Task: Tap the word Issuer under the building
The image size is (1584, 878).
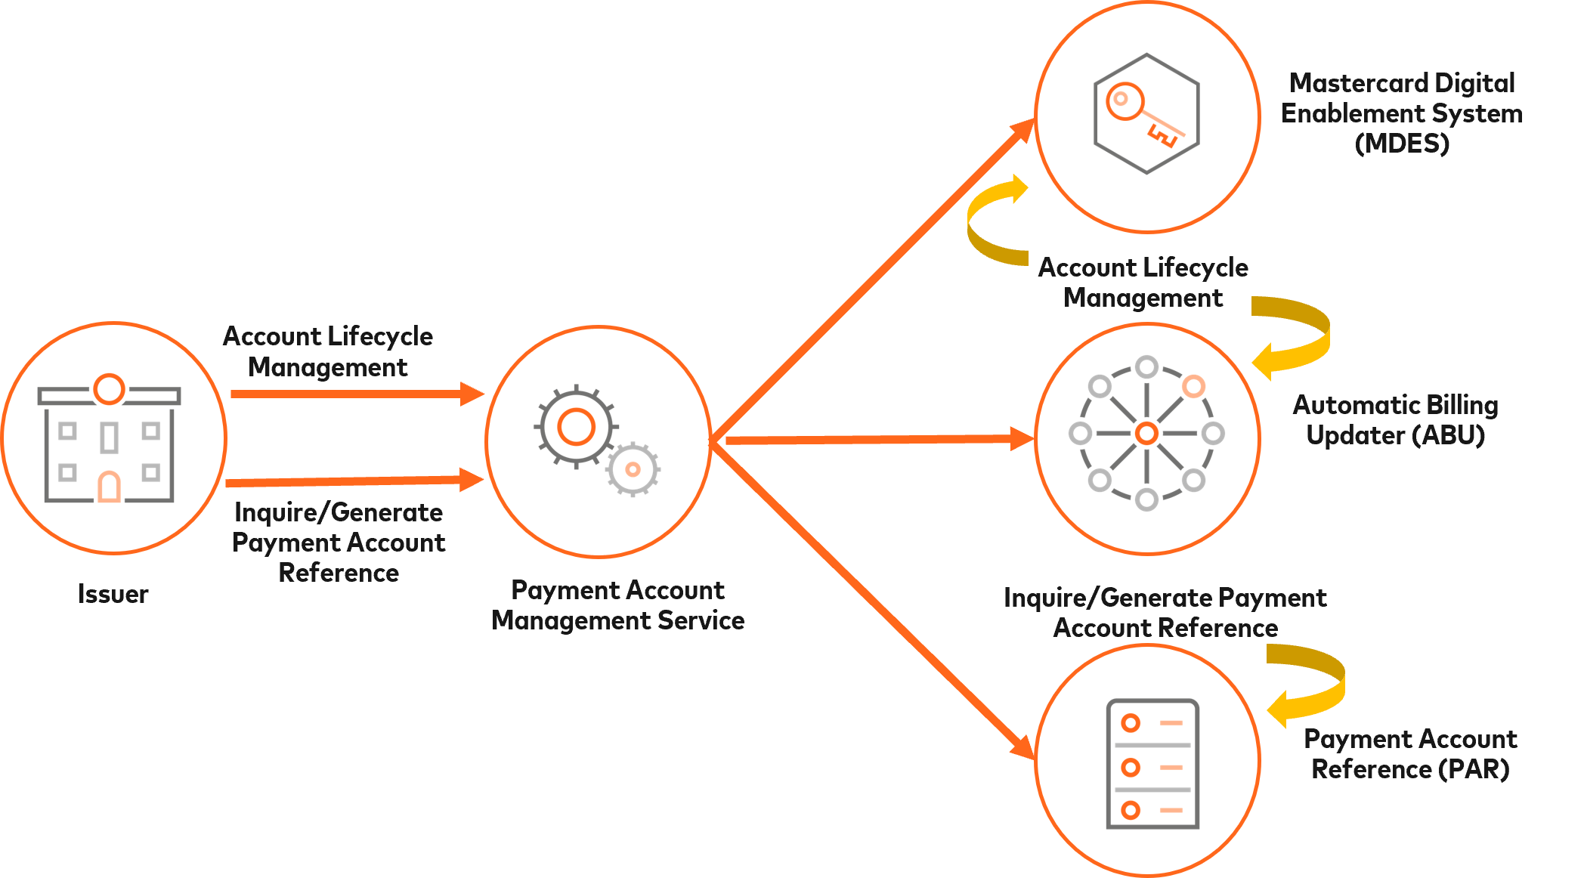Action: [x=113, y=595]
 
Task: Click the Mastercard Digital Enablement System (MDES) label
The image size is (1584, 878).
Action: [x=1402, y=113]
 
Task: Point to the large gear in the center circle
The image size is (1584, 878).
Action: [x=576, y=427]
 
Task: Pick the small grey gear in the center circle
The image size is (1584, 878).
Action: [x=633, y=469]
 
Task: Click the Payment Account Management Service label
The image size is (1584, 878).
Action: [x=618, y=605]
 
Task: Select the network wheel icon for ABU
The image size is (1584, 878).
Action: [x=1146, y=433]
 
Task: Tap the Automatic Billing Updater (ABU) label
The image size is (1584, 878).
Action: [x=1395, y=420]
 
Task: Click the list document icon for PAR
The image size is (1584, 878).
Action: [x=1152, y=764]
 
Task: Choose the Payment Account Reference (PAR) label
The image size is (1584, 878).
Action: [x=1410, y=754]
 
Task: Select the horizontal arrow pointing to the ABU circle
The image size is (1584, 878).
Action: [x=877, y=439]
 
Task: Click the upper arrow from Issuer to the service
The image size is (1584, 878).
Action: [x=355, y=394]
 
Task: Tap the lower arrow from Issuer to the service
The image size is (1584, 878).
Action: [x=355, y=481]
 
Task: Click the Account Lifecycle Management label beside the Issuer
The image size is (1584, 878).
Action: [x=328, y=351]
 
